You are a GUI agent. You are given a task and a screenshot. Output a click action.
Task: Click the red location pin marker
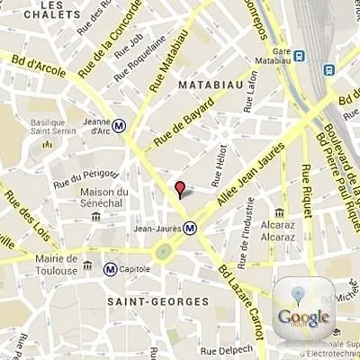(179, 188)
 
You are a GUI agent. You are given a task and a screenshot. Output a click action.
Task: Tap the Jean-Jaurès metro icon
(190, 229)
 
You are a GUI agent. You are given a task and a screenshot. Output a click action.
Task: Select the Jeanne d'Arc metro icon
(119, 125)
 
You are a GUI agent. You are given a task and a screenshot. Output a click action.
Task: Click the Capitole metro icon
(110, 268)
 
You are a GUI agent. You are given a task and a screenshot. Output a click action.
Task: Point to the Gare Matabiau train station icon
(299, 56)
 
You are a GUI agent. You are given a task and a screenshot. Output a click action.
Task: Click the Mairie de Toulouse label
(38, 265)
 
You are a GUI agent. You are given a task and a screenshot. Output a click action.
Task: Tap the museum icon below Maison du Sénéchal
(96, 216)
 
